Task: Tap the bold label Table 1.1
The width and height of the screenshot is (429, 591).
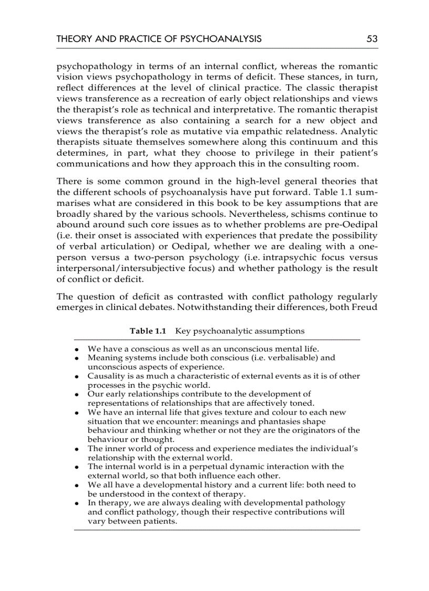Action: [x=148, y=331]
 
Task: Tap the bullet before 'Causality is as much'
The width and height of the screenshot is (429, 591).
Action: [x=77, y=377]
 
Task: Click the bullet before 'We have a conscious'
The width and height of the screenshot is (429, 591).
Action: [x=77, y=349]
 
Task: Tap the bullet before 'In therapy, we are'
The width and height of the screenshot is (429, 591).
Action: [x=77, y=504]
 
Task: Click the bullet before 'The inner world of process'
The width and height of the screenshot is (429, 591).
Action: [x=77, y=449]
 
